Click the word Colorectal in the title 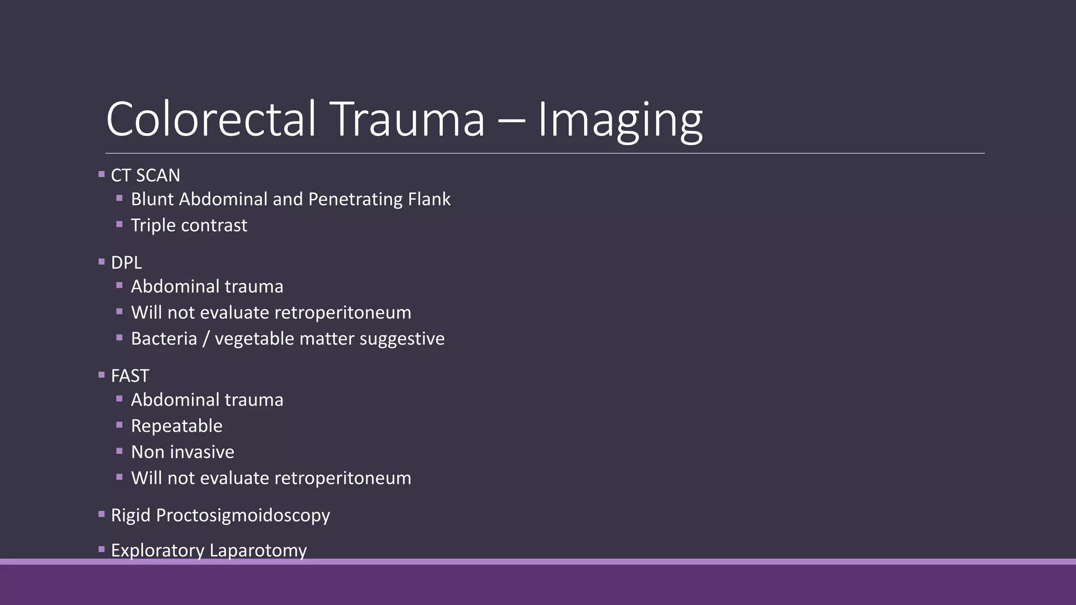(x=211, y=120)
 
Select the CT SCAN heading (x=146, y=175)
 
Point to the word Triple (x=153, y=226)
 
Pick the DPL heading (x=126, y=263)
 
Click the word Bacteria (x=164, y=339)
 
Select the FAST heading (x=130, y=376)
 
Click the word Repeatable (x=177, y=426)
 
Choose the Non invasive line (x=182, y=452)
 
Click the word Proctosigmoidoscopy (x=243, y=516)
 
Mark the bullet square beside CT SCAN (x=101, y=174)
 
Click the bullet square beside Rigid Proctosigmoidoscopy (x=101, y=515)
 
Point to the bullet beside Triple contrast (x=119, y=224)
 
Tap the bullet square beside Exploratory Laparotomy (x=101, y=549)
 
